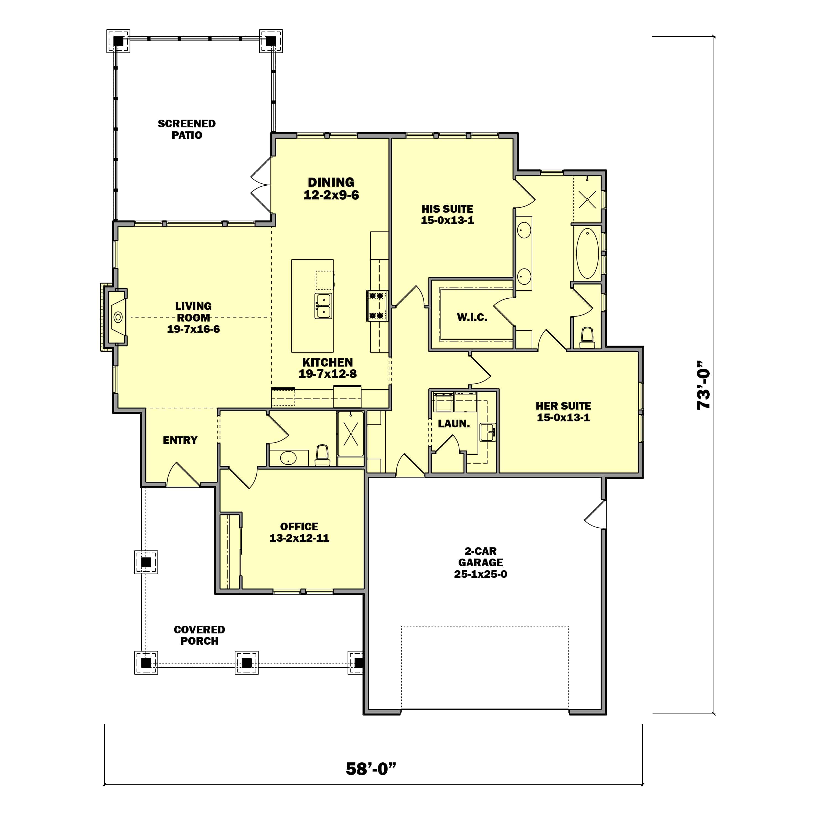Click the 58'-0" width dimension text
click(x=371, y=769)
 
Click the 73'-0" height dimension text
click(x=704, y=385)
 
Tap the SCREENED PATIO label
click(x=187, y=129)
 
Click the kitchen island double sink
click(x=323, y=306)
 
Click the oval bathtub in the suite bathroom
click(x=587, y=253)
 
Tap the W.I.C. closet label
click(x=472, y=317)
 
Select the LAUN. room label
click(x=454, y=424)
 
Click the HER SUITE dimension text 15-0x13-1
click(x=564, y=417)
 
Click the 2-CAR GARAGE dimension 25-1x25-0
click(x=481, y=574)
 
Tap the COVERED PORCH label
click(x=199, y=635)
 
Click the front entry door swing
click(x=183, y=475)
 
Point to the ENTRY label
click(x=180, y=440)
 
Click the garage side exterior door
click(x=596, y=514)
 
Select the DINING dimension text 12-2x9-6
click(x=331, y=195)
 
